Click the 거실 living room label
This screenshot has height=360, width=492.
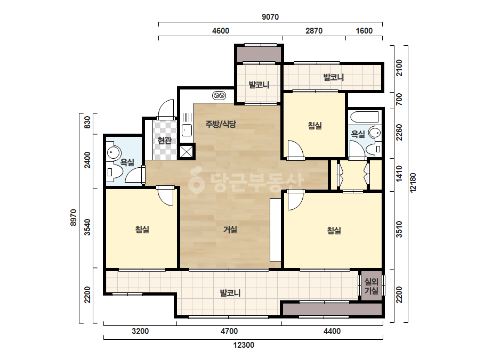[x=230, y=230]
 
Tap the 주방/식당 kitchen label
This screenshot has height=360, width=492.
[x=221, y=124]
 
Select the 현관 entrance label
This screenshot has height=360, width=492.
[x=164, y=141]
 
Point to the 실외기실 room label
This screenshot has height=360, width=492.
[x=371, y=287]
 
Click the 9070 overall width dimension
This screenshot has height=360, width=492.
[x=270, y=17]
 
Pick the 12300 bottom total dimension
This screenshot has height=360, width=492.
[x=244, y=345]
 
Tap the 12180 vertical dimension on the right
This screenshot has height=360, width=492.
[x=413, y=183]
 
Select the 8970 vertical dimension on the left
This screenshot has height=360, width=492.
[x=73, y=218]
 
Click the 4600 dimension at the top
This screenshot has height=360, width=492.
[x=221, y=31]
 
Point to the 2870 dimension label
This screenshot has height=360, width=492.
[x=314, y=31]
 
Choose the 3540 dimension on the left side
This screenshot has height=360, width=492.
[x=87, y=227]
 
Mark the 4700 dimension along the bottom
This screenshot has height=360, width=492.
[x=229, y=331]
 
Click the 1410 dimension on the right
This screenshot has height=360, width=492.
[x=399, y=174]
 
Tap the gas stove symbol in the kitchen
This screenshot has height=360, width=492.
[x=219, y=95]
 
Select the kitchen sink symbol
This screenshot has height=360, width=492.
[x=187, y=130]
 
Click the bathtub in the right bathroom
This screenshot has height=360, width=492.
[x=365, y=117]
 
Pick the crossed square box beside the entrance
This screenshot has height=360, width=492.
[x=187, y=151]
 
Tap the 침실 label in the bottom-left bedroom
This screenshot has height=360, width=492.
[x=142, y=230]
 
